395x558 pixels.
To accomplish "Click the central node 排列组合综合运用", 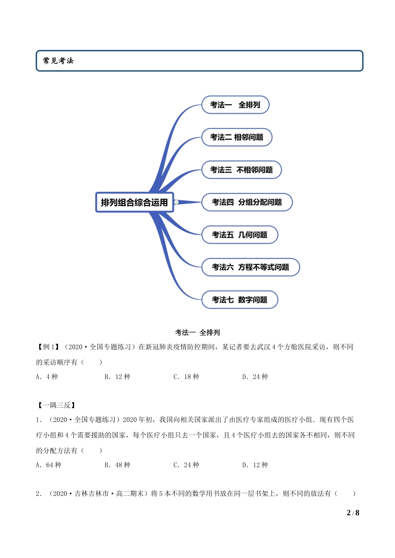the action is pos(134,202).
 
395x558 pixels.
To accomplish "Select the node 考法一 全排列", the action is pos(235,105).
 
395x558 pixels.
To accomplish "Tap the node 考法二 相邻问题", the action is pos(237,137).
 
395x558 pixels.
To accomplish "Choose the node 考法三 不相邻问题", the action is pos(241,170).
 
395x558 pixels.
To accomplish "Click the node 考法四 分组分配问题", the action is pos(247,202).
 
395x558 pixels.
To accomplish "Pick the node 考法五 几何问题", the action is pos(239,235).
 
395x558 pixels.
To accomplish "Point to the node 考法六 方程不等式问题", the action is pos(250,267).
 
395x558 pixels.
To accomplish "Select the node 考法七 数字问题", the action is pos(239,300).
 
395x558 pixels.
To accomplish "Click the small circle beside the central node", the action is pos(177,202).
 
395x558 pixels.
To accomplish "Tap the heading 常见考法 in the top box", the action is pos(58,61).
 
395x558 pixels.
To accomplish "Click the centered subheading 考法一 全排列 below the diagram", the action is pos(197,332).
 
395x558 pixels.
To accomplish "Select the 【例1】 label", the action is pos(48,347).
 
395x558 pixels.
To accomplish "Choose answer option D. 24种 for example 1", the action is pos(255,377).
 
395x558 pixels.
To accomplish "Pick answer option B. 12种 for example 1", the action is pos(117,377).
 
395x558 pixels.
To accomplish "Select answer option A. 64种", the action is pos(49,465).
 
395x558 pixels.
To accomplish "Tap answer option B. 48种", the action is pos(117,465).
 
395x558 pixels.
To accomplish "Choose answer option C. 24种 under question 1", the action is pos(186,465).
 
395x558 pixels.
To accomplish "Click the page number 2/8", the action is pos(353,513).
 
